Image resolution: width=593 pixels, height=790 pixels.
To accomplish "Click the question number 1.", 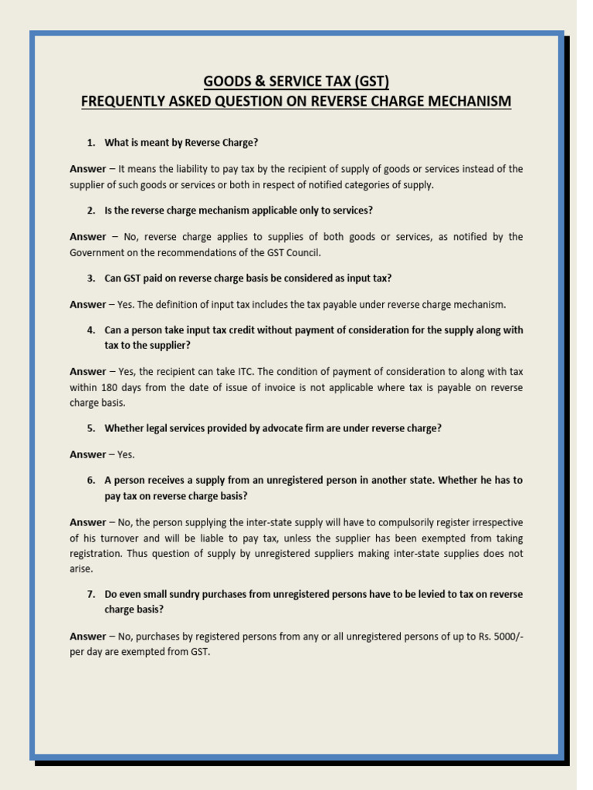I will (x=90, y=143).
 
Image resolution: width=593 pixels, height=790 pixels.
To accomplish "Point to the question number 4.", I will (x=90, y=330).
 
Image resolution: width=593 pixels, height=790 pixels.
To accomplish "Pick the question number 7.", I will (x=90, y=594).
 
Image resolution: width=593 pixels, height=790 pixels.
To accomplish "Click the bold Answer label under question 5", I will (x=87, y=454).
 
